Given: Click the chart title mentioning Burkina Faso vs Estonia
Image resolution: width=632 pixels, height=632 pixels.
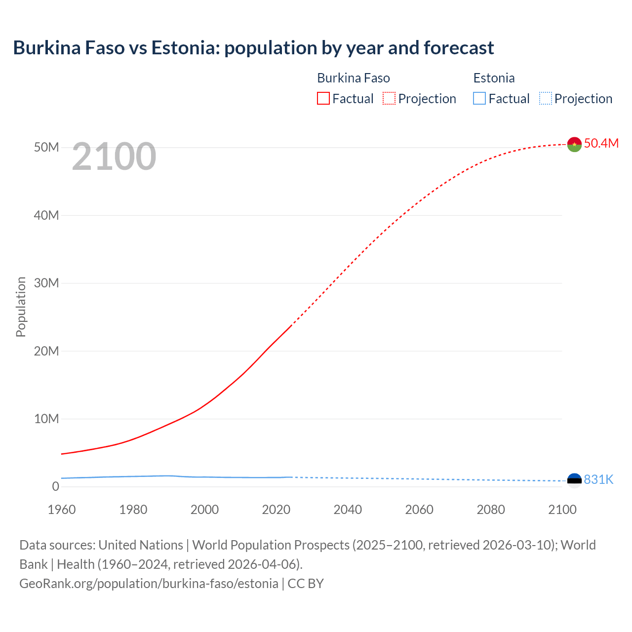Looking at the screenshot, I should point(253,48).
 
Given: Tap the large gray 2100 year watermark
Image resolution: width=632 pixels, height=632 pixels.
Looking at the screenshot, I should point(114,157).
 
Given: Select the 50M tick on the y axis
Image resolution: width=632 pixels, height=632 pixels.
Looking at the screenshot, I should point(46,147).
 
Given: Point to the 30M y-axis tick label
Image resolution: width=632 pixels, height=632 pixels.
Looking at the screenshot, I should point(46,283).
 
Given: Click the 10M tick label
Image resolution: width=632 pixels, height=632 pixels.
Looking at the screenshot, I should point(46,419).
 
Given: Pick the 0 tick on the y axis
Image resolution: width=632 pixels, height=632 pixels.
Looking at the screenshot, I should point(55,486).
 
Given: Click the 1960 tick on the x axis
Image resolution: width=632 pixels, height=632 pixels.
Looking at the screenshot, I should point(62,510).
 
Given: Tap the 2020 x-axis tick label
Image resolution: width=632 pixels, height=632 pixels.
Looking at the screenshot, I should point(276,510).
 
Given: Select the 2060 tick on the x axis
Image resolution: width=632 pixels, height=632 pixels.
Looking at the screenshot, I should point(419,510).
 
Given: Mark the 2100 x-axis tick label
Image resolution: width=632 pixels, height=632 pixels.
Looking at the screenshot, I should point(562,510).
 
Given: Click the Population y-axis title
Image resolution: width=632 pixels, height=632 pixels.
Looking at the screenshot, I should point(21,307).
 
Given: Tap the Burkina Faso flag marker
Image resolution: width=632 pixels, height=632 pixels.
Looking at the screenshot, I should point(574,144).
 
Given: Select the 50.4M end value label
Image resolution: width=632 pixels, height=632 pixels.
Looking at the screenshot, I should point(601,143).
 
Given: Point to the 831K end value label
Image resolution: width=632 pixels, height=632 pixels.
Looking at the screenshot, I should point(598,479).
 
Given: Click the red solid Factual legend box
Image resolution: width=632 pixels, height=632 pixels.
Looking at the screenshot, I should point(323,98).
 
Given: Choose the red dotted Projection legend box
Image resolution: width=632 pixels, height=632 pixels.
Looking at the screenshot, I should point(389,98).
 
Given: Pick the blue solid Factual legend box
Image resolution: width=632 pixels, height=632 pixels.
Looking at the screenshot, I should point(479,98).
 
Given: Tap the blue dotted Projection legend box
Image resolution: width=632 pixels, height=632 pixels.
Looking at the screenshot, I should point(546,98).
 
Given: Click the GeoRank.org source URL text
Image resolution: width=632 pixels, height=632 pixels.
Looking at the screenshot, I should point(149,583).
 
